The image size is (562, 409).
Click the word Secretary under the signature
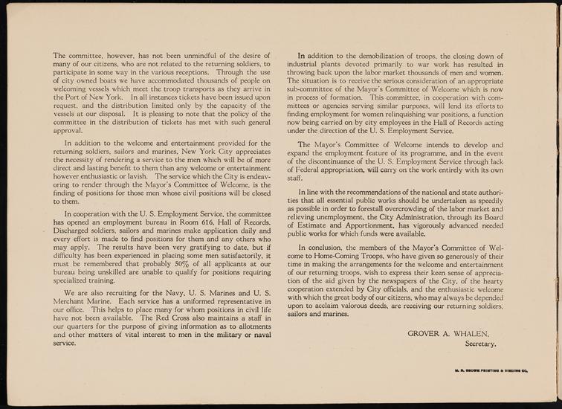pos(480,344)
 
